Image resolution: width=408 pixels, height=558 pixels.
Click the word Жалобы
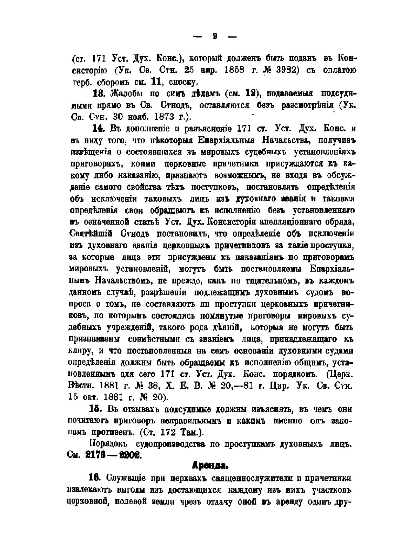click(x=125, y=93)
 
